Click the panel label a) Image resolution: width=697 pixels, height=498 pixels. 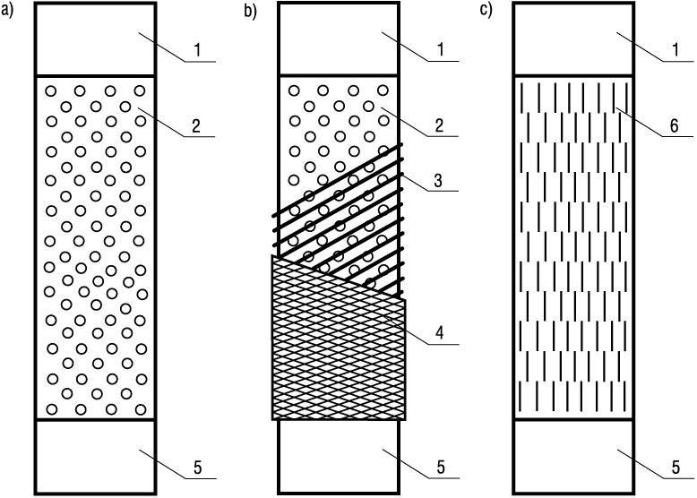(7, 11)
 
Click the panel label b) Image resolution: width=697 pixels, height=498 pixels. (250, 11)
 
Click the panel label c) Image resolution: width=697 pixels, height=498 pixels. (486, 11)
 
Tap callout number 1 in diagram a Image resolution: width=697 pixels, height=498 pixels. (197, 50)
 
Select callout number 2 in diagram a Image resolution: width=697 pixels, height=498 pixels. (196, 125)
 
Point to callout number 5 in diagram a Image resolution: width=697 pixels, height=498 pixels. (197, 468)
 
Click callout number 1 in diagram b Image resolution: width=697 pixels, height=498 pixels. (441, 50)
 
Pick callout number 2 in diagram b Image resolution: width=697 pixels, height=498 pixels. (439, 125)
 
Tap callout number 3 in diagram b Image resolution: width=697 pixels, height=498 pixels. (438, 180)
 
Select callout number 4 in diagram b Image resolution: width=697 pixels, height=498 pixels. (439, 332)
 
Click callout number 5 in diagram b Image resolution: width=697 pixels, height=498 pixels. (441, 468)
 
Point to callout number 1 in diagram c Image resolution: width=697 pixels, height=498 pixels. (675, 50)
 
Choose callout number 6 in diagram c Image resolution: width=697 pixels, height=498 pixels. (675, 125)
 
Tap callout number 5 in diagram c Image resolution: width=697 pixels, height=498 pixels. (675, 468)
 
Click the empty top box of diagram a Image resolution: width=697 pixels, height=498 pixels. (95, 39)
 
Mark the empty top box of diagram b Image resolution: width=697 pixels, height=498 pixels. (339, 39)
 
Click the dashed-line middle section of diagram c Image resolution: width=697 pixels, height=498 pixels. (573, 247)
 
